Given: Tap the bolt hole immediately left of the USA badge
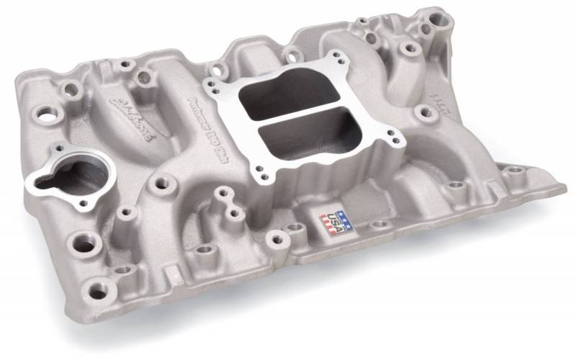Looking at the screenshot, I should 294,230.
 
